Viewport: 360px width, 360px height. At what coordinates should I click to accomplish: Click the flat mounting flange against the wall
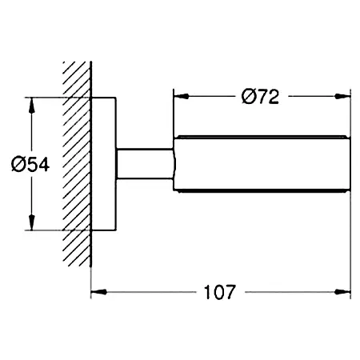click(104, 164)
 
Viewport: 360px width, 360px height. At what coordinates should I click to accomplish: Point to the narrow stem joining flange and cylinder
click(144, 164)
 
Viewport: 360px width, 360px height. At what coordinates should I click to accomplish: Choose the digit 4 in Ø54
click(44, 164)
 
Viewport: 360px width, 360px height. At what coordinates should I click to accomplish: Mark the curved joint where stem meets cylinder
click(174, 164)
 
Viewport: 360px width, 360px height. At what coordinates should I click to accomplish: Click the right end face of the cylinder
click(350, 164)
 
